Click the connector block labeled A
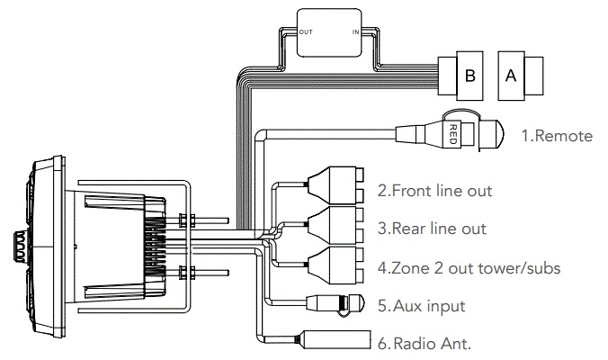tap(511, 76)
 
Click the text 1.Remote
tap(557, 136)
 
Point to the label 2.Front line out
tap(434, 191)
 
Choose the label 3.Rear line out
tap(432, 229)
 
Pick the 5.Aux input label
tap(421, 306)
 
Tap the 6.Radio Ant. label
tap(424, 343)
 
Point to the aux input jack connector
tap(336, 303)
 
